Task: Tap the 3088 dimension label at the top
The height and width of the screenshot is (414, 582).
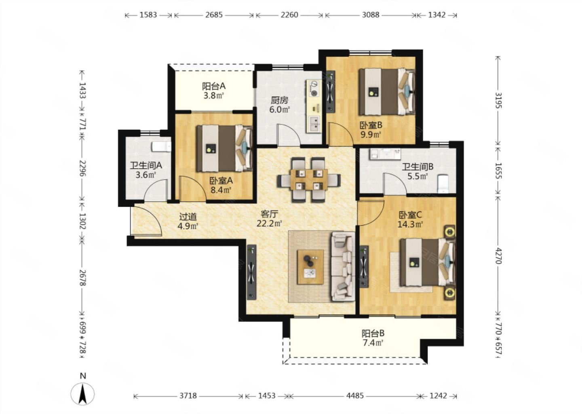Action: [x=371, y=15]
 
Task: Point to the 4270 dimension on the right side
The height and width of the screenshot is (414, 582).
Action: [x=498, y=256]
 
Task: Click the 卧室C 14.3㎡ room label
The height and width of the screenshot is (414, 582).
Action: [x=410, y=220]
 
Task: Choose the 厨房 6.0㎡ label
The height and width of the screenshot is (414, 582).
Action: [x=280, y=105]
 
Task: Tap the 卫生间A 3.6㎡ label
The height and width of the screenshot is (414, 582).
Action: [x=146, y=170]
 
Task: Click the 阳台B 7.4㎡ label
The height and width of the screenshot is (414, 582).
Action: [x=373, y=338]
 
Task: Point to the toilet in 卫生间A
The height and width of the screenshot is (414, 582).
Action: [x=161, y=147]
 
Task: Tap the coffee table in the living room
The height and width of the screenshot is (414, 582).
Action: [x=310, y=267]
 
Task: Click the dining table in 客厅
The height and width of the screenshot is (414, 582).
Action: [x=309, y=180]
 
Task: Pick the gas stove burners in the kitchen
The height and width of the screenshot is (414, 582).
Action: [x=314, y=89]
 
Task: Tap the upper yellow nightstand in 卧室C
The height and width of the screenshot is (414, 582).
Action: [x=449, y=232]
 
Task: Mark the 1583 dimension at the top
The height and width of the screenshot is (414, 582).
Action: [x=148, y=15]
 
